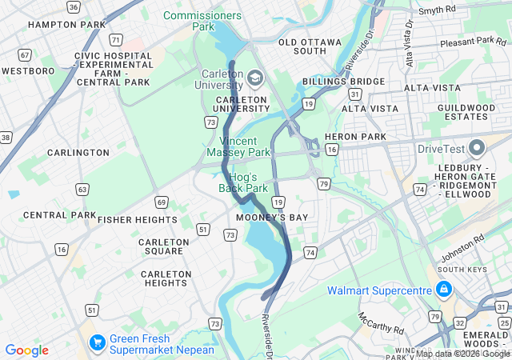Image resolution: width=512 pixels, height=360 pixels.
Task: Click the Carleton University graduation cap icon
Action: tap(254, 78)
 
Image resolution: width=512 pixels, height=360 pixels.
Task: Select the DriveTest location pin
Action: tap(478, 148)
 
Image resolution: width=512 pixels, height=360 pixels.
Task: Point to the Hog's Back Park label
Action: tap(243, 182)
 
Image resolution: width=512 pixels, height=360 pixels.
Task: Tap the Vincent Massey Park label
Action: tap(238, 146)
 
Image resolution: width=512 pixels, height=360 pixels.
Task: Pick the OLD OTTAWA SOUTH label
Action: tap(309, 46)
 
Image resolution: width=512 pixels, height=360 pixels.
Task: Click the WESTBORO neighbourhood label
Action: tap(28, 71)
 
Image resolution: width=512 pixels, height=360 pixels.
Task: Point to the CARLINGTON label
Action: tap(78, 153)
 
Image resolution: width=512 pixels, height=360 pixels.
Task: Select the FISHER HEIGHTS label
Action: tap(138, 219)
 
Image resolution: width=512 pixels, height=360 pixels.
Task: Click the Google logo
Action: tap(26, 350)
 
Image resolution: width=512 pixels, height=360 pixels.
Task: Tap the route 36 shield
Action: tap(74, 7)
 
